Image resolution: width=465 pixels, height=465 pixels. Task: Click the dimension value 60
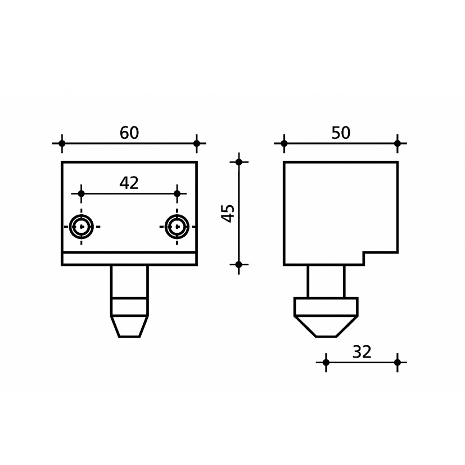[129, 133]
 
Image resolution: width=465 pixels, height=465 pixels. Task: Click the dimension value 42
[129, 183]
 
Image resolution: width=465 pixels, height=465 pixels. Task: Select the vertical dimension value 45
[228, 213]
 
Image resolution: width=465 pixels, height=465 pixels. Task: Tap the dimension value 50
[341, 133]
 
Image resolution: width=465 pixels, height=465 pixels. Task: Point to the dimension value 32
[362, 352]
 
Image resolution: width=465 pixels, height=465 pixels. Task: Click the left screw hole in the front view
[82, 227]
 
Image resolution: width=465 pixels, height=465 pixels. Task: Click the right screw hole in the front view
[177, 227]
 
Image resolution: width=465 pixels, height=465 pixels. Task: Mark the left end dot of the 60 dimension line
[62, 143]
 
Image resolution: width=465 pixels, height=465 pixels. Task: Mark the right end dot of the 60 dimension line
[197, 143]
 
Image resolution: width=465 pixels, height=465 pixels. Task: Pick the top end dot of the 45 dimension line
[239, 162]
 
